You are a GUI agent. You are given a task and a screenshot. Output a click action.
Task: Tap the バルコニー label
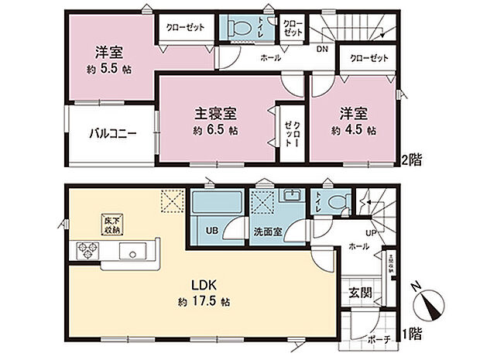tap(111, 133)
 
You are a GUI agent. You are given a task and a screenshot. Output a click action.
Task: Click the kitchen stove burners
tap(85, 251)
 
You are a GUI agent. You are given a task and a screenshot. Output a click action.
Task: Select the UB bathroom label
tap(211, 230)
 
